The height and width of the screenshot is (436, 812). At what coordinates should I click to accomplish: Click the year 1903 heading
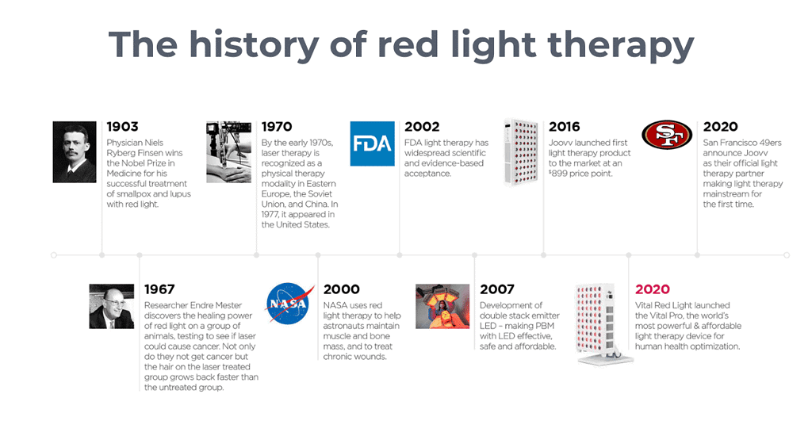(x=122, y=127)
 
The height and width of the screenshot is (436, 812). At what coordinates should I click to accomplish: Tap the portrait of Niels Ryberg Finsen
(x=75, y=151)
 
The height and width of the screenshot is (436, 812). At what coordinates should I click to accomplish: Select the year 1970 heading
(x=277, y=127)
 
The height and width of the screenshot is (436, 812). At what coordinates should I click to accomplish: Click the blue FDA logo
(x=373, y=143)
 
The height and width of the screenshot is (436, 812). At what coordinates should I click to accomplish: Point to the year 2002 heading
(x=422, y=127)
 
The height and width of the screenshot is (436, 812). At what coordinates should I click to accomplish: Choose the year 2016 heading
(x=565, y=127)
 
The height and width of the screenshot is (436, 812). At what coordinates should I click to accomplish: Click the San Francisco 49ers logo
(x=667, y=135)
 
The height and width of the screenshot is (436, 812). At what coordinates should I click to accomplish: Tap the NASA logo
(x=289, y=304)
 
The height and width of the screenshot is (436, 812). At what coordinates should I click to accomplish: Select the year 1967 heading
(x=159, y=289)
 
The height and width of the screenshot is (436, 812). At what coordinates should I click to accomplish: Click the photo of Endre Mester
(x=111, y=306)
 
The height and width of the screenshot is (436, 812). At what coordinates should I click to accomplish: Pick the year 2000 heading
(x=341, y=289)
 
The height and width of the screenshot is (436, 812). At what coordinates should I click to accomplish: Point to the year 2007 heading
(x=497, y=289)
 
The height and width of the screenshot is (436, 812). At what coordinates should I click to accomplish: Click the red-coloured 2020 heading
(x=653, y=289)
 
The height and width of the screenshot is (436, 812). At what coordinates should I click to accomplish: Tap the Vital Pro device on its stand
(x=601, y=323)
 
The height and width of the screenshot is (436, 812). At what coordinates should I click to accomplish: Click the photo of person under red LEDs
(x=442, y=306)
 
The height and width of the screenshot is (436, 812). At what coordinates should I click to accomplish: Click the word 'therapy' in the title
(x=620, y=45)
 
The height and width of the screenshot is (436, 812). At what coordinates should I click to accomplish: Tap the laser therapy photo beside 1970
(x=229, y=152)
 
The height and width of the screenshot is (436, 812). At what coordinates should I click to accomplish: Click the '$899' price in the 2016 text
(x=558, y=174)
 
